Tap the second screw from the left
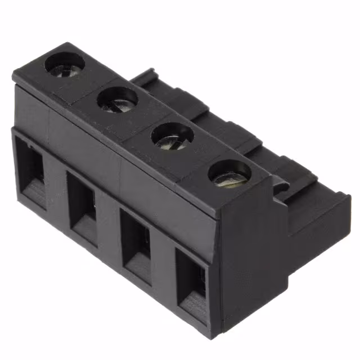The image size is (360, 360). click(117, 100)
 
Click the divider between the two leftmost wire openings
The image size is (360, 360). click(55, 186)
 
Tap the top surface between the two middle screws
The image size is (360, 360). click(145, 119)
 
